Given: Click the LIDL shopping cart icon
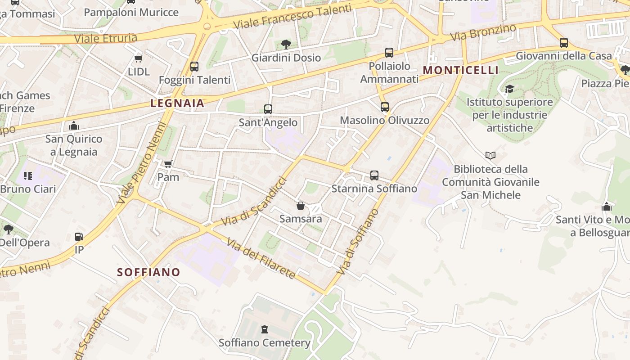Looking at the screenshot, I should point(139,58).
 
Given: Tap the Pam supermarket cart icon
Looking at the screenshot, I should point(168,164).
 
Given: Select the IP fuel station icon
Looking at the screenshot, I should point(79,236).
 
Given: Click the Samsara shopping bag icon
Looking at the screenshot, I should point(301,206).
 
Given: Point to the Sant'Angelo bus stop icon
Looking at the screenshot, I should point(268,109).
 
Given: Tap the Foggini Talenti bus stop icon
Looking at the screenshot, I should point(194,67).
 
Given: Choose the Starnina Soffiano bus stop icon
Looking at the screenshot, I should point(374,175).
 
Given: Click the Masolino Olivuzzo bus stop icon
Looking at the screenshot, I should point(385,107).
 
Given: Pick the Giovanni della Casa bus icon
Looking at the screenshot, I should point(564,43).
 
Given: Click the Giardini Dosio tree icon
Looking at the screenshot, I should point(286,44).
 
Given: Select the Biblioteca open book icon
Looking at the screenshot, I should point(490,156).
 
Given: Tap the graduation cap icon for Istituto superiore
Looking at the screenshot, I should point(509,89).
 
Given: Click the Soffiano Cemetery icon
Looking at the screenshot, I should point(264,329).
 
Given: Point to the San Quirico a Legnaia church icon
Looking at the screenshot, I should point(74,126).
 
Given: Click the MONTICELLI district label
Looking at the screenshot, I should point(461,70).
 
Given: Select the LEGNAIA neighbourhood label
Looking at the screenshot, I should point(177,103).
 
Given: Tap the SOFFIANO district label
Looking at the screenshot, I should point(148,272).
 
